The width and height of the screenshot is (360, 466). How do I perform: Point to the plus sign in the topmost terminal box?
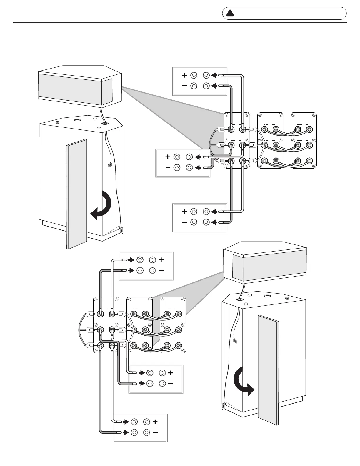pyautogui.click(x=184, y=75)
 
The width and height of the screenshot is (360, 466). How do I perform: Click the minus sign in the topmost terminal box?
pyautogui.click(x=184, y=86)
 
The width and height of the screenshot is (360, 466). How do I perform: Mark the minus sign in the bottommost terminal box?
pyautogui.click(x=155, y=432)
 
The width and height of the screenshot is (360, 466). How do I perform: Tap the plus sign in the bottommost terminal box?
pyautogui.click(x=155, y=422)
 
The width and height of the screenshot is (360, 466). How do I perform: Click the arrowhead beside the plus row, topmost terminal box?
pyautogui.click(x=214, y=75)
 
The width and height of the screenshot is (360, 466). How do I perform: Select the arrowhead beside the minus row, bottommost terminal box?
pyautogui.click(x=126, y=432)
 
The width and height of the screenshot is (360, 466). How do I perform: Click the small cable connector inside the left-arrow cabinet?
pyautogui.click(x=110, y=165)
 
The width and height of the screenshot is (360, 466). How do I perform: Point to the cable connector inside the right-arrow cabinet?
pyautogui.click(x=235, y=341)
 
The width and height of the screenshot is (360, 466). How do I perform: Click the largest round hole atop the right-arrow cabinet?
pyautogui.click(x=268, y=297)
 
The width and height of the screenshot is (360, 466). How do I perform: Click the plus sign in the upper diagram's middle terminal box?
pyautogui.click(x=168, y=157)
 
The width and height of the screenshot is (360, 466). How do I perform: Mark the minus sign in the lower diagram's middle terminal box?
pyautogui.click(x=170, y=384)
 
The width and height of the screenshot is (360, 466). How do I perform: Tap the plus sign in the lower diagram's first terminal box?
pyautogui.click(x=161, y=260)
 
